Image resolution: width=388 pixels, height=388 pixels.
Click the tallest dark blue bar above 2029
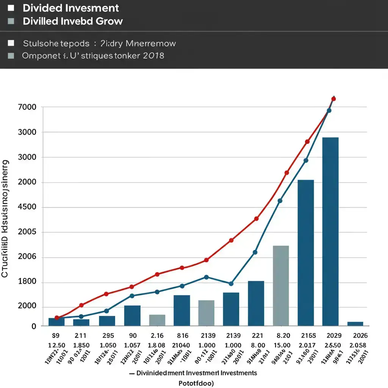(x=330, y=231)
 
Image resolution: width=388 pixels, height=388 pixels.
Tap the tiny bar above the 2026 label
(x=355, y=324)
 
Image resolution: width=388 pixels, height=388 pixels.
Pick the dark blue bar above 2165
(x=306, y=252)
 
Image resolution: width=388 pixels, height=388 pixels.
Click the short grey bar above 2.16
(x=157, y=320)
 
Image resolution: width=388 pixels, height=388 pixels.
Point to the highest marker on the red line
(x=333, y=99)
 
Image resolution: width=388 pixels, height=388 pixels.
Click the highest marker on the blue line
(x=329, y=111)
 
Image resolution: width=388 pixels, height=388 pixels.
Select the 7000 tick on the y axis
(x=27, y=107)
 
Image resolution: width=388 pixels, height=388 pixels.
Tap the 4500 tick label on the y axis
(x=27, y=207)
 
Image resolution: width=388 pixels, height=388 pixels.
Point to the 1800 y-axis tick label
(x=27, y=282)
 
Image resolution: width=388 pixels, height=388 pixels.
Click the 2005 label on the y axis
(x=27, y=232)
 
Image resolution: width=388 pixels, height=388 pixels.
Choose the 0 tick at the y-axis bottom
(x=34, y=326)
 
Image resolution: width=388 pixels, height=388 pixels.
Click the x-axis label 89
(x=55, y=336)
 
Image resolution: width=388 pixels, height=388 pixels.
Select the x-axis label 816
(x=183, y=336)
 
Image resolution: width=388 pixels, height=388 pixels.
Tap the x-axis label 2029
(x=333, y=336)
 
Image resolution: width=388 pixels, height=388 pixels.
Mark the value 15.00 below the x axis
(x=283, y=346)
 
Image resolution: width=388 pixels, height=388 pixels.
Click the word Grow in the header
(x=110, y=21)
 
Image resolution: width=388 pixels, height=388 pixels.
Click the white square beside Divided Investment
(x=11, y=8)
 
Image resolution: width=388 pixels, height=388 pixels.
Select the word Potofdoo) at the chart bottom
(x=196, y=383)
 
